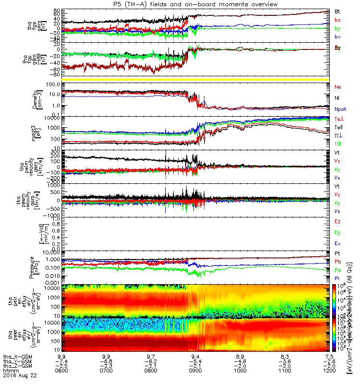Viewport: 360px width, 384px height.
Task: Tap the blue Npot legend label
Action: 340,109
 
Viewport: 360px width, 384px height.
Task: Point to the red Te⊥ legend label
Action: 338,118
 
